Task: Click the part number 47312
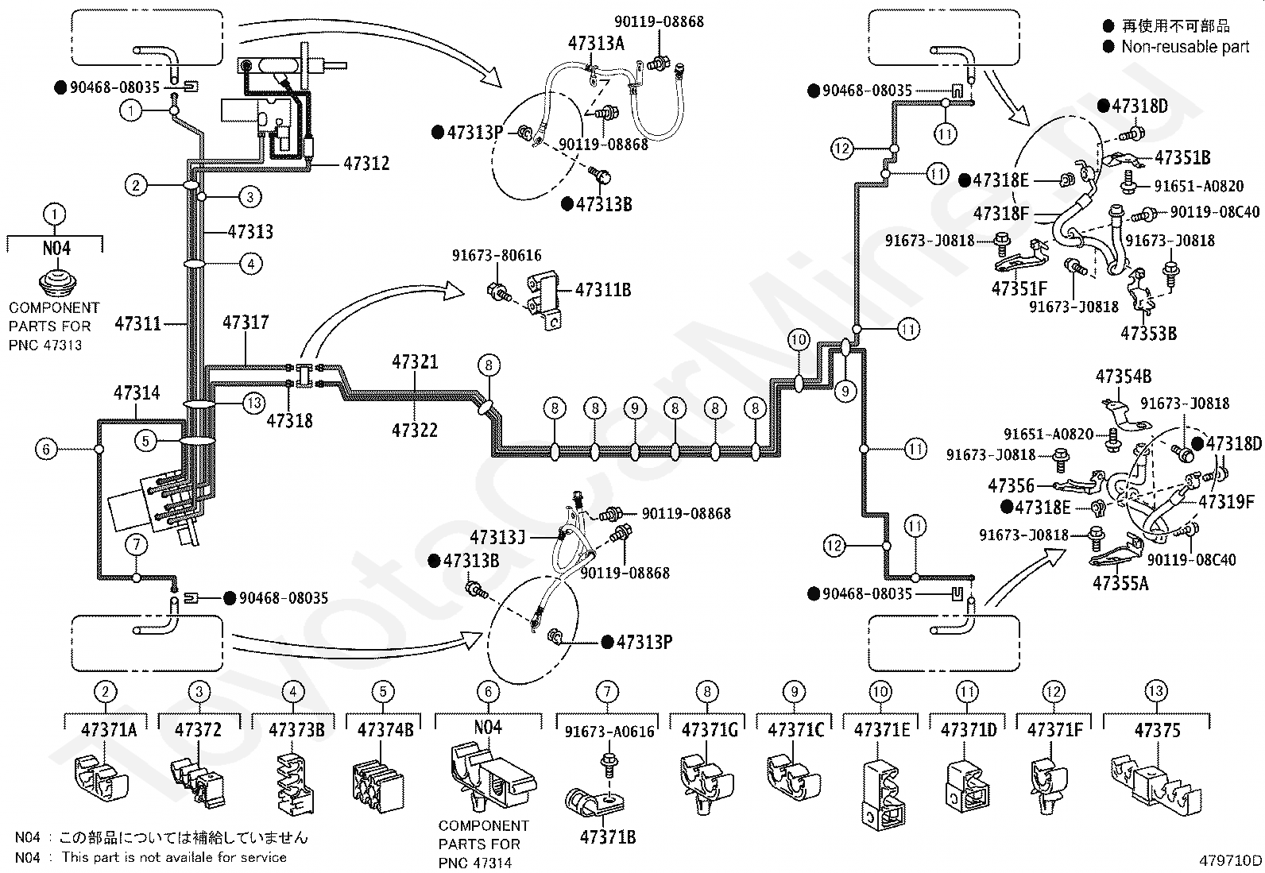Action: pyautogui.click(x=366, y=164)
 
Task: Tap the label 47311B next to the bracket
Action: pyautogui.click(x=603, y=290)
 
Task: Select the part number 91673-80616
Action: pyautogui.click(x=497, y=256)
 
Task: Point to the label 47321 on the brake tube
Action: pyautogui.click(x=415, y=362)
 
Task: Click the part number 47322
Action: pyautogui.click(x=415, y=431)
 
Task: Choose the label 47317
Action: pyautogui.click(x=246, y=323)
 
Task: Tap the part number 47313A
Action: pyautogui.click(x=597, y=44)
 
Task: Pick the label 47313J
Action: pyautogui.click(x=497, y=537)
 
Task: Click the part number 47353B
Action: pyautogui.click(x=1149, y=334)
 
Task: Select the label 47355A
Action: pyautogui.click(x=1120, y=583)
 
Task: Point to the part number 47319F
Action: pyautogui.click(x=1227, y=501)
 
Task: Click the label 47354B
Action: pyautogui.click(x=1124, y=377)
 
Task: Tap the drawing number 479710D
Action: pyautogui.click(x=1230, y=860)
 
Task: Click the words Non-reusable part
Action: pyautogui.click(x=1185, y=47)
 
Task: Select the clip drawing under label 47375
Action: pyautogui.click(x=1156, y=784)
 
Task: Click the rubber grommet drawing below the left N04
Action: pyautogui.click(x=57, y=284)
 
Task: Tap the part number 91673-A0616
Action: pyautogui.click(x=609, y=732)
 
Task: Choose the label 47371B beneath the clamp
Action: pyautogui.click(x=608, y=837)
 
